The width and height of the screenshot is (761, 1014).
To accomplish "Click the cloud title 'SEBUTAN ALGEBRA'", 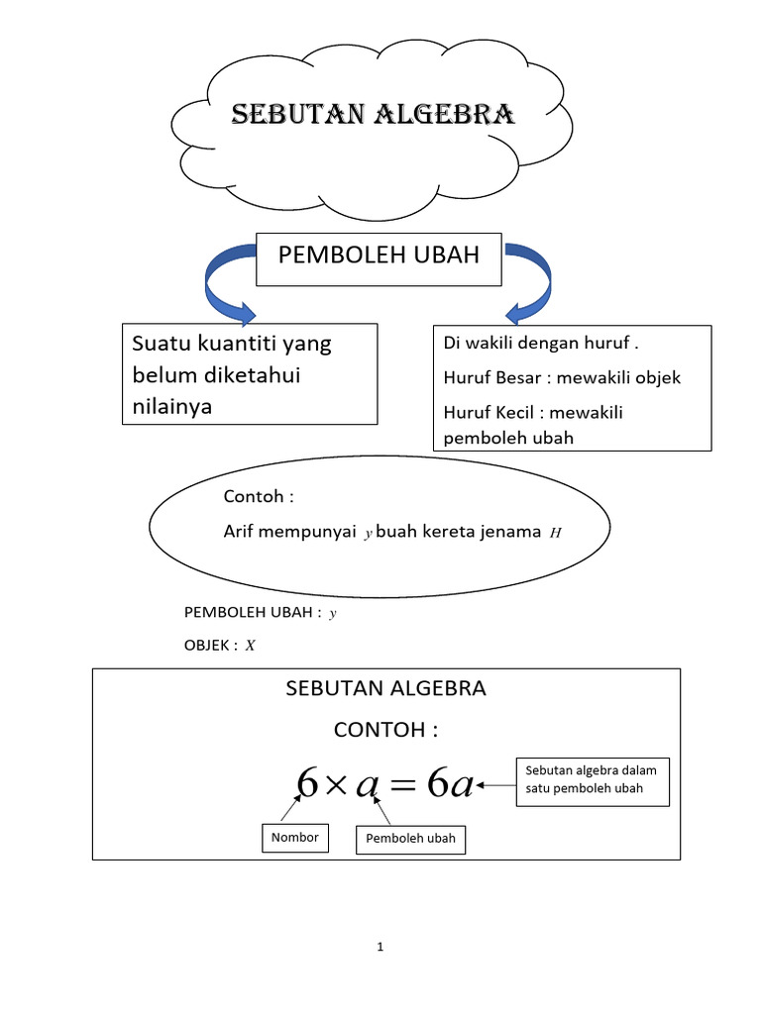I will (x=373, y=116).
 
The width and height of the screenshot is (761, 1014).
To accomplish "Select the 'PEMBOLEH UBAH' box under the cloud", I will (x=380, y=256).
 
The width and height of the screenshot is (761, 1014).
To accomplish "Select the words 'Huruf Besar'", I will (x=489, y=377).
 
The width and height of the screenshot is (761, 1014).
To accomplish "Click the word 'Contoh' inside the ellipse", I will (x=254, y=496).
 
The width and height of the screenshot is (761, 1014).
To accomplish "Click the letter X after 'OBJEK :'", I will (x=251, y=646).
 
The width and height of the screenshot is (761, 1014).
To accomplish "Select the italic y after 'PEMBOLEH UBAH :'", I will (x=333, y=614).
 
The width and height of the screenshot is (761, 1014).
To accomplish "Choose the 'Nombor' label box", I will (x=295, y=838).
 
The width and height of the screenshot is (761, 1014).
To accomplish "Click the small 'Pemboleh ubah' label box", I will (x=410, y=839).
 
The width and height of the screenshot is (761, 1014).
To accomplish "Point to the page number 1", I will (x=380, y=948).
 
